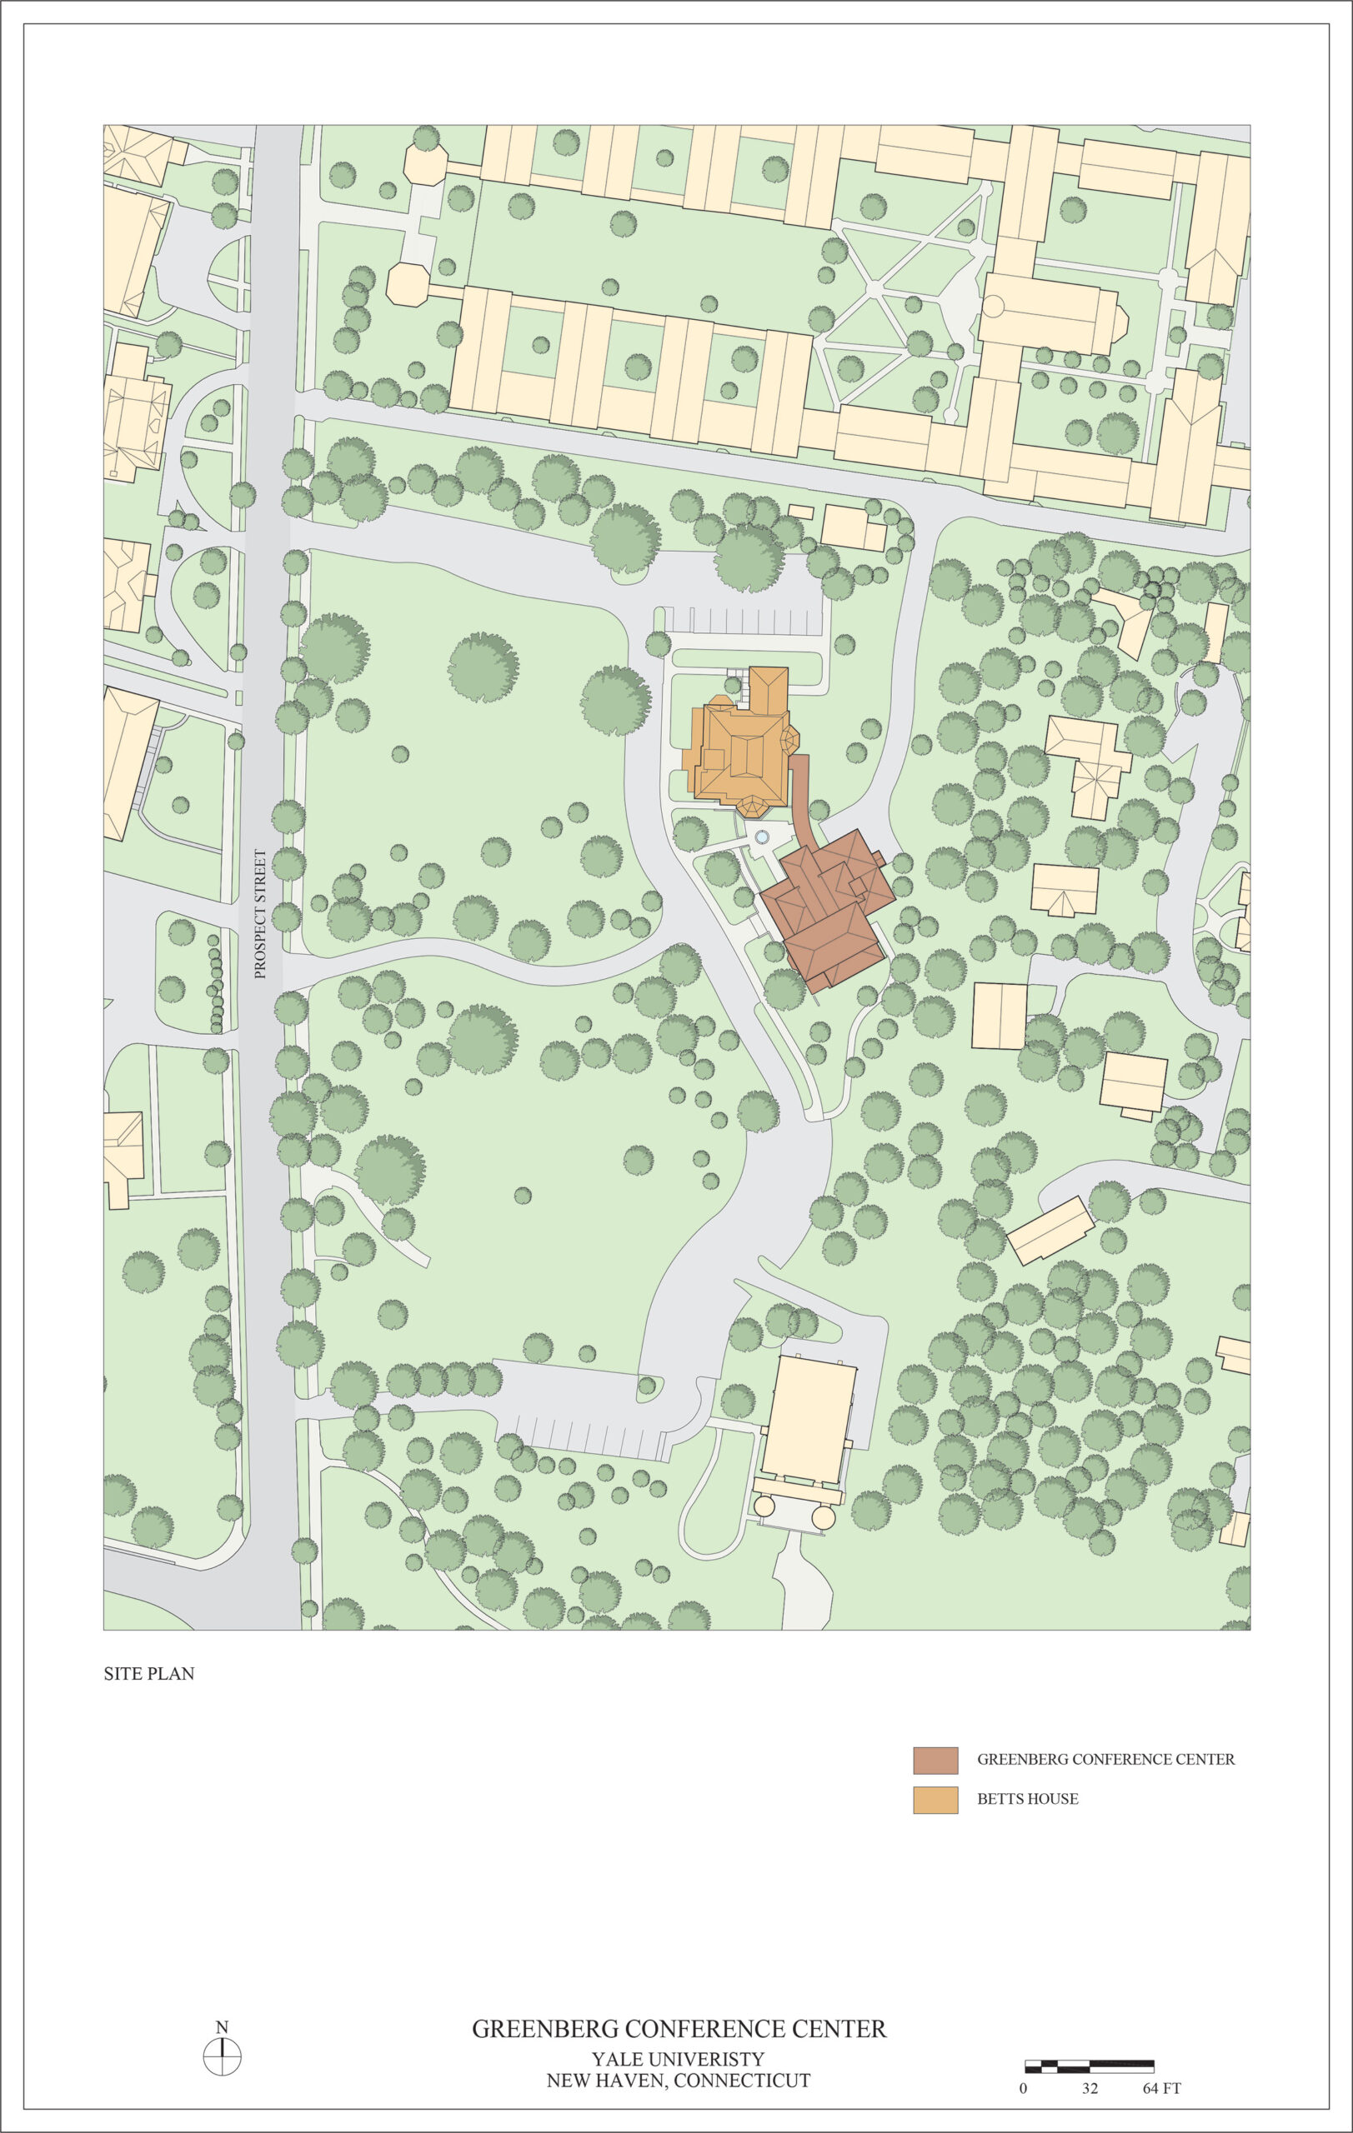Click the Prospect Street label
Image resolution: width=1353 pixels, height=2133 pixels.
coord(259,913)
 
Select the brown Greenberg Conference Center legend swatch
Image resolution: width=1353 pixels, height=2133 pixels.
coord(935,1760)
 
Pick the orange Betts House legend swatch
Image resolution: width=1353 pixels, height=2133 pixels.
coord(935,1800)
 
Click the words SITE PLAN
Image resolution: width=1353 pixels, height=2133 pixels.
coord(149,1673)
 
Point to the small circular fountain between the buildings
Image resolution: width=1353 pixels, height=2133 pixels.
coord(761,837)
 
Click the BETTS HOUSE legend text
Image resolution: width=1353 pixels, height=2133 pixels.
coord(1027,1799)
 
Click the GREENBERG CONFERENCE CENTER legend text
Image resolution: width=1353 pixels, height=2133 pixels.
coord(1105,1759)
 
